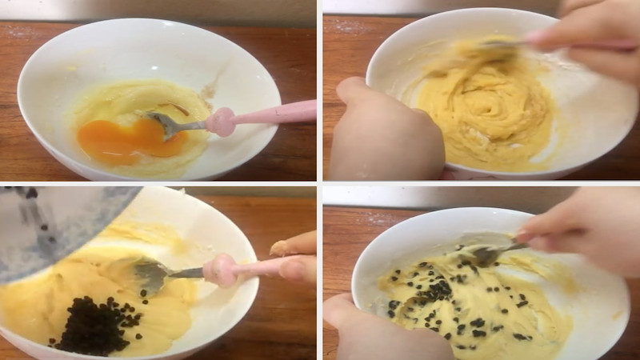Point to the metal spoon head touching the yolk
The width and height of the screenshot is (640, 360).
tap(164, 124)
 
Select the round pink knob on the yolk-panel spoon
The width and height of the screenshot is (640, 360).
tap(221, 122)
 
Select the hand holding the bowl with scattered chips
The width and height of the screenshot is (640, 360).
tap(376, 328)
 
